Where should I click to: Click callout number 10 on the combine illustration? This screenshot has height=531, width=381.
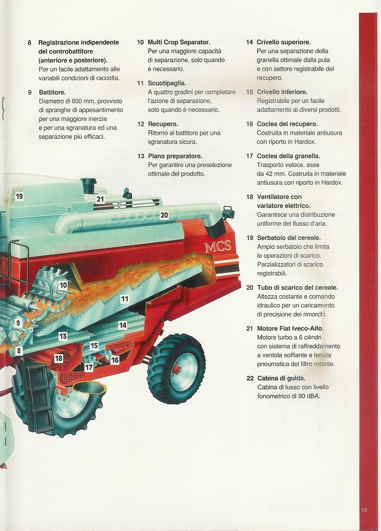pos(63,285)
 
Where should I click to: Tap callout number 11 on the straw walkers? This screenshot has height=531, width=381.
pos(125,299)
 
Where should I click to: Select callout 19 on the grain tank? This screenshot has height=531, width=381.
pos(19,196)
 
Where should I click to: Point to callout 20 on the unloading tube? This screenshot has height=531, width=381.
pos(164,215)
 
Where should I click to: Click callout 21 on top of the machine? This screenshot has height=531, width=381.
pos(100,199)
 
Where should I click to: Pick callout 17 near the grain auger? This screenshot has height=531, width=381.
pos(88,368)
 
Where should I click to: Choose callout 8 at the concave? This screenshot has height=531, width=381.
pos(19,351)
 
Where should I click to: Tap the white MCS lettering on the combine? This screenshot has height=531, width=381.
pos(218,246)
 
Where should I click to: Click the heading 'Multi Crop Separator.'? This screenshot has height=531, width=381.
pos(179,42)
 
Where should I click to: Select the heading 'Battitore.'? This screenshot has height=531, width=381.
pos(52,92)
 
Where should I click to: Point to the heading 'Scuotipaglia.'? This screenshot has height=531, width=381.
pos(167,83)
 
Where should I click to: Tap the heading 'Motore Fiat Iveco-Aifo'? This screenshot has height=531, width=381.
pos(289,328)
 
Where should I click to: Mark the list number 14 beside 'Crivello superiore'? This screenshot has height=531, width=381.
pos(249,42)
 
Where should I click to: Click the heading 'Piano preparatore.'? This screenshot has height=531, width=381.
pos(175,156)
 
